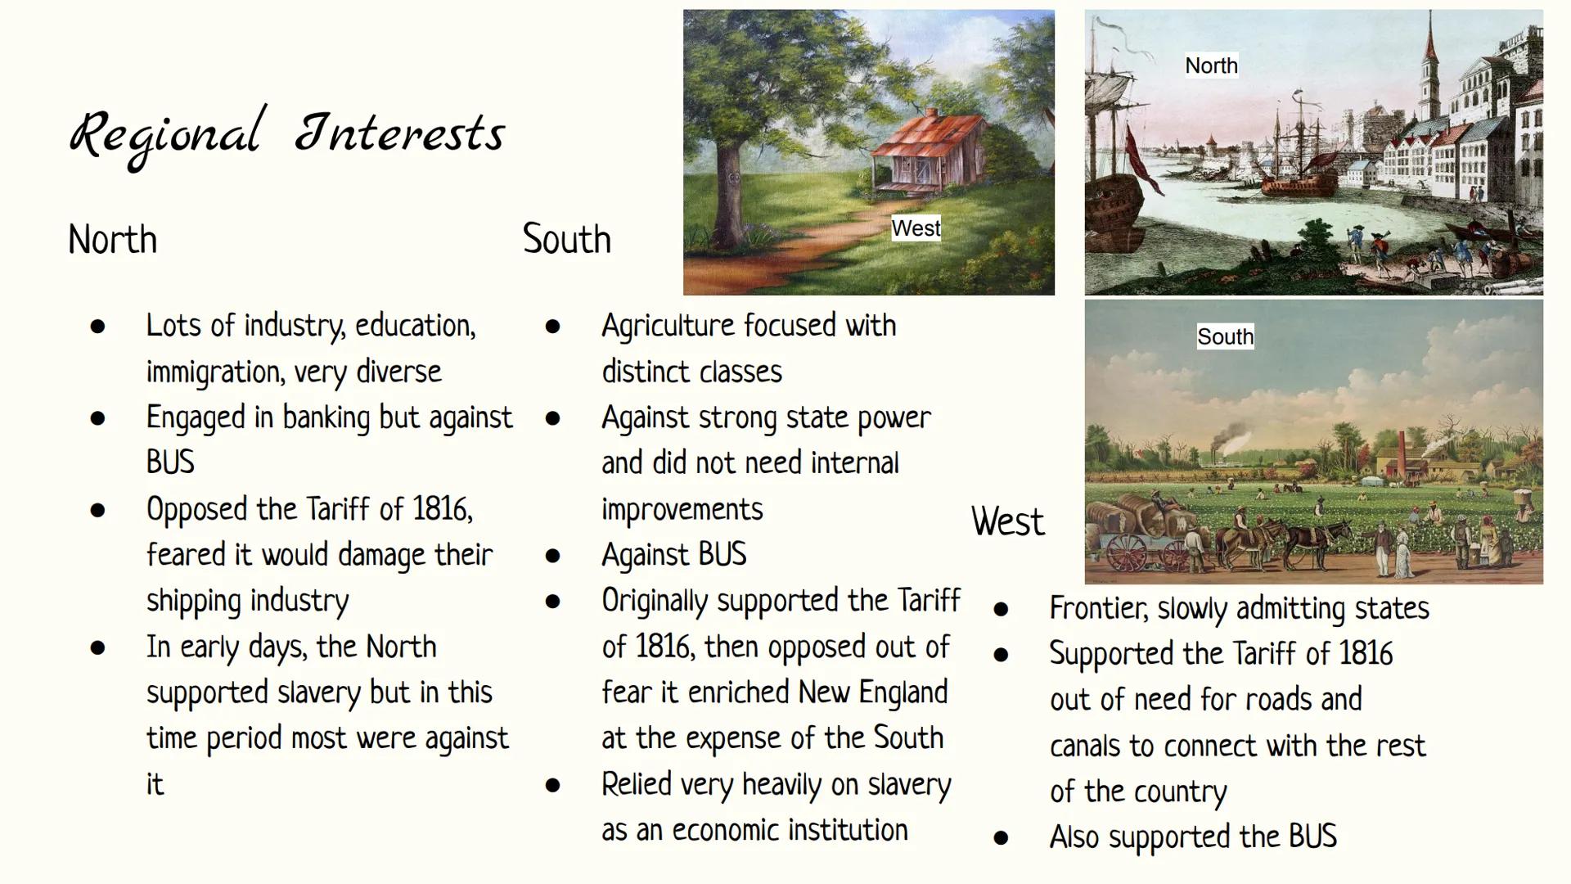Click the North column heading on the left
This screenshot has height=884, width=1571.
coord(112,240)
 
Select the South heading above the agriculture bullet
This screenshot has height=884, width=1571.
coord(566,239)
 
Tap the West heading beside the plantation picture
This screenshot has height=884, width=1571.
coord(1007,521)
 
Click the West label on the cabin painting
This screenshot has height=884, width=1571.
coord(916,228)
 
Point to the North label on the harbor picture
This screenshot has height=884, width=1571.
coord(1211,65)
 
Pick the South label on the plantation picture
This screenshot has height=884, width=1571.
coord(1225,336)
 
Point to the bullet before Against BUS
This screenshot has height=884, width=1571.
coord(552,556)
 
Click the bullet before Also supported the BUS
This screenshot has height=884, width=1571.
coord(1000,838)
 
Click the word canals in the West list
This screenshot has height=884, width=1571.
coord(1085,746)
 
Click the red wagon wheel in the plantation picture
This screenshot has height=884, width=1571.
coord(1127,552)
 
